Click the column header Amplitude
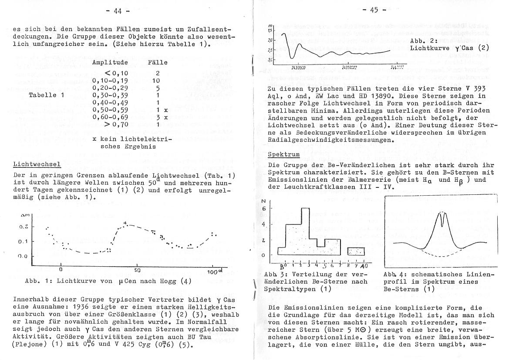point(110,62)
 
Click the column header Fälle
point(158,62)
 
